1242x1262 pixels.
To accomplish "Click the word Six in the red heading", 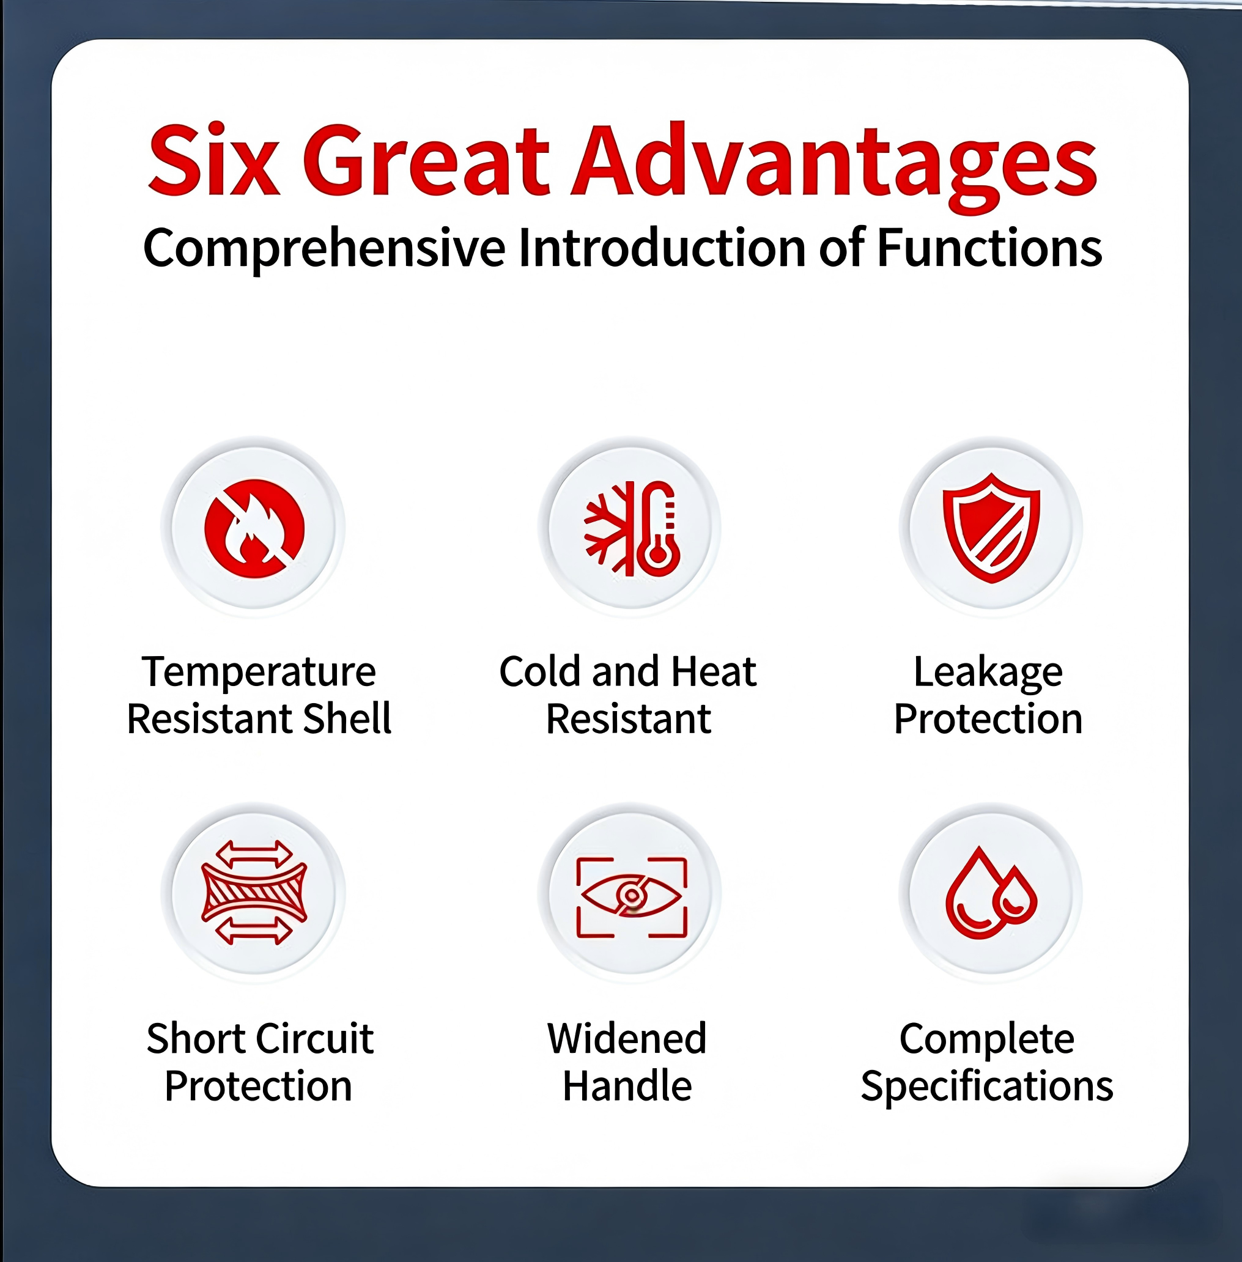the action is pyautogui.click(x=214, y=160).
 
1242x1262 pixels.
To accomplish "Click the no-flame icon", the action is pyautogui.click(x=254, y=528).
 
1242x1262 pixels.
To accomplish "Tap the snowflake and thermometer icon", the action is pyautogui.click(x=632, y=528).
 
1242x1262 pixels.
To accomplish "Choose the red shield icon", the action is pyautogui.click(x=991, y=528).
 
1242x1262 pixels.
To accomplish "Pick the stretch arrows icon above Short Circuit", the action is pyautogui.click(x=254, y=893).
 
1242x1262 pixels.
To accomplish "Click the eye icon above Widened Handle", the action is pyautogui.click(x=632, y=897).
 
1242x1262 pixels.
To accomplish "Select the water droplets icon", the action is pyautogui.click(x=991, y=893).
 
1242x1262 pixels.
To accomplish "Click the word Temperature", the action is pyautogui.click(x=259, y=673).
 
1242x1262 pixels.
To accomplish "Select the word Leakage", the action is pyautogui.click(x=988, y=673).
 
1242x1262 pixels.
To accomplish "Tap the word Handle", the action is pyautogui.click(x=627, y=1086).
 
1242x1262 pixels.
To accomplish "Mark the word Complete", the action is pyautogui.click(x=986, y=1039).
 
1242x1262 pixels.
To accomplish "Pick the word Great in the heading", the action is pyautogui.click(x=427, y=160).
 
